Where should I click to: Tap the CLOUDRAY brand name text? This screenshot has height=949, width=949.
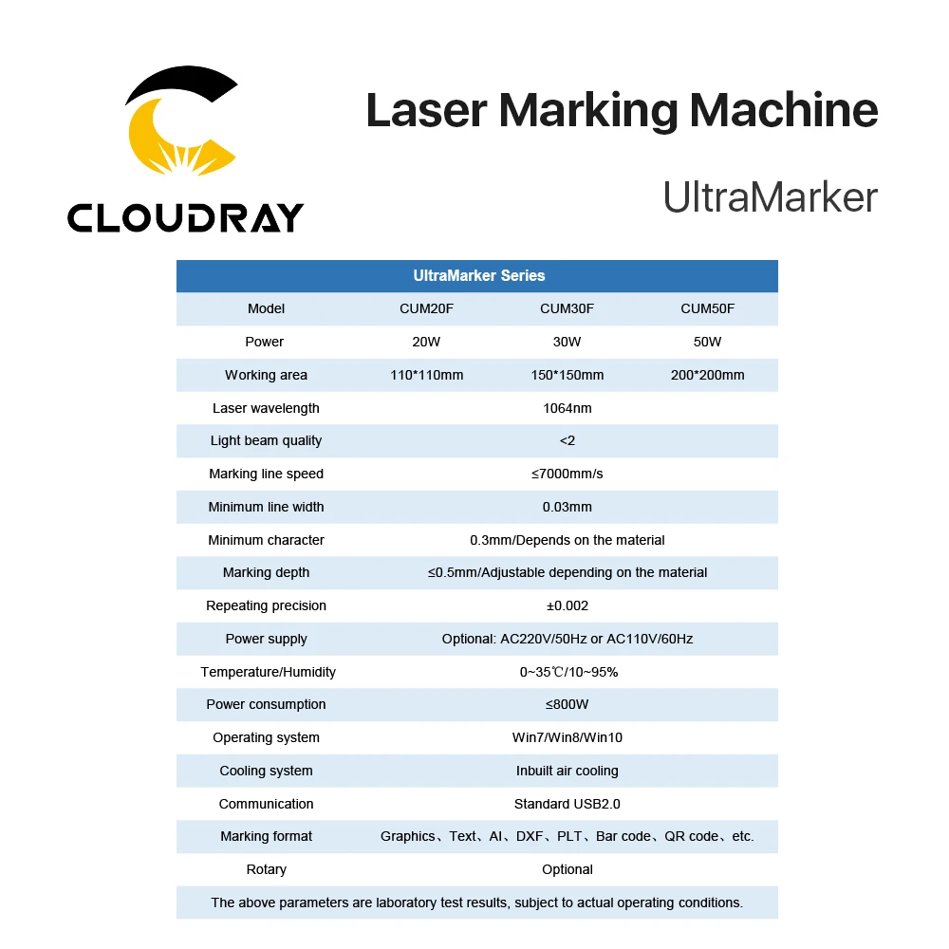click(x=185, y=217)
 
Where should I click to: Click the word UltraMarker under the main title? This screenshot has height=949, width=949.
click(x=770, y=196)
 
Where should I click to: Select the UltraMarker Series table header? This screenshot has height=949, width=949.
click(x=478, y=276)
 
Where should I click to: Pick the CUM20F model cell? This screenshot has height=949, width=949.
click(x=426, y=308)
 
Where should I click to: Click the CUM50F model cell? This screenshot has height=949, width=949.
click(x=707, y=308)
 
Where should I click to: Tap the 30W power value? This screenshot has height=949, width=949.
click(x=567, y=342)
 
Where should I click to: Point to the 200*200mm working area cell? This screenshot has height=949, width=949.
click(x=707, y=375)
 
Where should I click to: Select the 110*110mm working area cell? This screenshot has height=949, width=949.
click(x=426, y=375)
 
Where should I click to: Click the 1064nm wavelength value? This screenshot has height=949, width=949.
click(x=567, y=408)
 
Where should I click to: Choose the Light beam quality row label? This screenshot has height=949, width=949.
click(x=266, y=440)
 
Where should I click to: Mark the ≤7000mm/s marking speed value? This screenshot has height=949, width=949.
click(x=567, y=474)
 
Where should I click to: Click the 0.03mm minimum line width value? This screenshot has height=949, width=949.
click(x=567, y=507)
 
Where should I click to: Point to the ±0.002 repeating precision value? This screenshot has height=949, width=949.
click(x=567, y=605)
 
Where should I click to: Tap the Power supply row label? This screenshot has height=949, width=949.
click(x=266, y=639)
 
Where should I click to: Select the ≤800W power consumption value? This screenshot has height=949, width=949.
click(x=567, y=704)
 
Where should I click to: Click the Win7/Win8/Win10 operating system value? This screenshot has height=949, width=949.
click(x=567, y=737)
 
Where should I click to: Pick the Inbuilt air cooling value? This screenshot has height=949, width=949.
click(x=567, y=771)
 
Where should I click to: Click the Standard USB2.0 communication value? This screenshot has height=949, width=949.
click(x=567, y=804)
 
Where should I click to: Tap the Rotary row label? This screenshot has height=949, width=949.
click(x=266, y=869)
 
